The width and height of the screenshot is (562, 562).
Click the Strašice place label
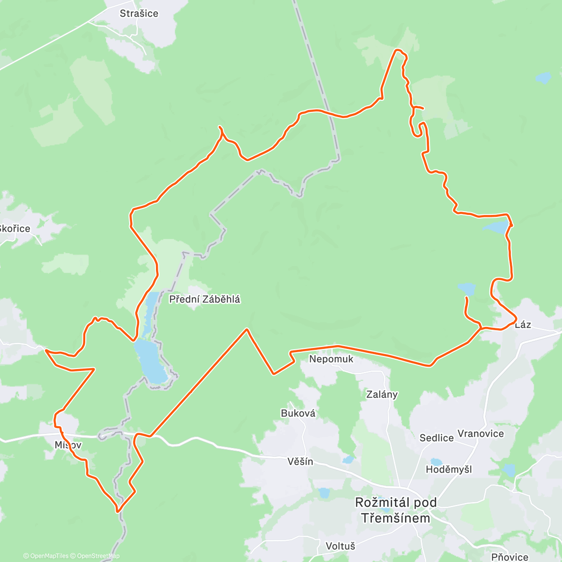[139, 14]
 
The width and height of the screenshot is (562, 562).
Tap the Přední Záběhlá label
[205, 299]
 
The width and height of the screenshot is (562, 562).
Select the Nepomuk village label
[331, 359]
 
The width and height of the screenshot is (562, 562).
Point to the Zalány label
[382, 394]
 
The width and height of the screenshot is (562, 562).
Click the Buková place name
[298, 414]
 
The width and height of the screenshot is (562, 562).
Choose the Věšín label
[301, 462]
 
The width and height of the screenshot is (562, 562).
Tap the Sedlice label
[436, 438]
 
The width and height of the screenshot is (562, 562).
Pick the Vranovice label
[481, 434]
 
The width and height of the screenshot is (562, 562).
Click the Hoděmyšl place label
[449, 469]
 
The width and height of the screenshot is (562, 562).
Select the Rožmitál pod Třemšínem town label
[396, 510]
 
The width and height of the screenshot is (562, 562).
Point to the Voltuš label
[340, 546]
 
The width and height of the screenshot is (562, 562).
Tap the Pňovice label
[510, 557]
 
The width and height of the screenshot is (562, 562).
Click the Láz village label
[523, 325]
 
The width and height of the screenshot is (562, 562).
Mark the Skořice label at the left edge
[15, 229]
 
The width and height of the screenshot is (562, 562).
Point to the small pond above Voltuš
[323, 493]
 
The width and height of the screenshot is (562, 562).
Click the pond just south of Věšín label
[348, 460]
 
